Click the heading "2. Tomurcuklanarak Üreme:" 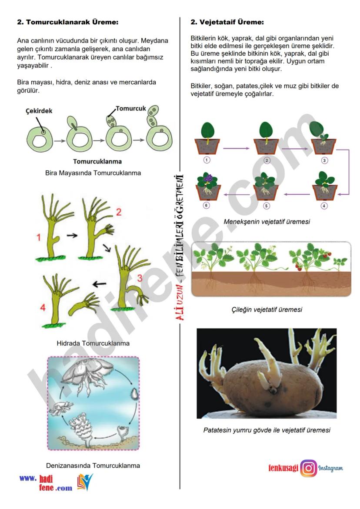[x=68, y=22]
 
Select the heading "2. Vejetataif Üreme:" [x=227, y=22]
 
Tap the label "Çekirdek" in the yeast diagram [x=39, y=111]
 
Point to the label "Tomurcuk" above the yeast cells [x=131, y=108]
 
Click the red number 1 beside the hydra [x=39, y=237]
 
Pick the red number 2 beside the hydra [x=119, y=212]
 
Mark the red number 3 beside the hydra [x=140, y=278]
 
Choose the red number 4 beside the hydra [x=43, y=307]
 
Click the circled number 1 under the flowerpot [x=207, y=160]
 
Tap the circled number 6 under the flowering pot [x=207, y=205]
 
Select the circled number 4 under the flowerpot [x=324, y=206]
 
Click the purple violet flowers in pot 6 [x=208, y=179]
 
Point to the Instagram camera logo [x=308, y=468]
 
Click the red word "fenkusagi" [x=283, y=468]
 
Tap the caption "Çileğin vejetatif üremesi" [x=267, y=309]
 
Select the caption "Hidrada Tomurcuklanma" [x=93, y=343]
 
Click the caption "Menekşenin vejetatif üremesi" [x=267, y=222]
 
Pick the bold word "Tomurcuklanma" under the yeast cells [x=97, y=161]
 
